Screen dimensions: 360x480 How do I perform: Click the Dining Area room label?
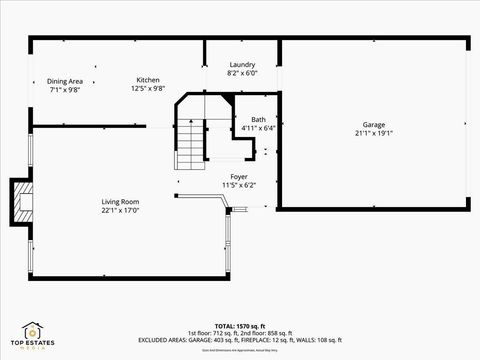[65, 80]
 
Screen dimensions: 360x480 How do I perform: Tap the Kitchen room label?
[148, 80]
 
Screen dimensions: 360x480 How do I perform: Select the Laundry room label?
[242, 64]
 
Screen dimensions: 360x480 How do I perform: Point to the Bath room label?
[258, 119]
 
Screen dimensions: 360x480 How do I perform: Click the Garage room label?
[374, 124]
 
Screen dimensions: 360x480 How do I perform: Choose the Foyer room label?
[239, 176]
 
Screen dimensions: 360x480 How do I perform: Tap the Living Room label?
[120, 202]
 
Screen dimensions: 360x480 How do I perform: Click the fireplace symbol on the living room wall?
[22, 200]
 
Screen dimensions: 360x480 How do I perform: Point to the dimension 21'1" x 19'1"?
[374, 133]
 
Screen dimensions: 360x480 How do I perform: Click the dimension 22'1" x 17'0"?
[120, 211]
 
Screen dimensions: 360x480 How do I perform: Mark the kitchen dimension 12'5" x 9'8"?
[148, 89]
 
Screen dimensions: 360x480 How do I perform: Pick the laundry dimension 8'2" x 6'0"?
[242, 73]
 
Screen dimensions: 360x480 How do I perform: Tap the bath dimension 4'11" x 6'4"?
[258, 128]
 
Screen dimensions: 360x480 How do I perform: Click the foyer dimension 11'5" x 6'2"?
[239, 185]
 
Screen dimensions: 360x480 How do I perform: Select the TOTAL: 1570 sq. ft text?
[239, 326]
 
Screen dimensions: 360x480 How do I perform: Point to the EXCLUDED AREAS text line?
[239, 340]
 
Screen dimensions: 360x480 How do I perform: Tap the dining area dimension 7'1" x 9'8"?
[65, 89]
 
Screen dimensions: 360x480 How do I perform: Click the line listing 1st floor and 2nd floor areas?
[239, 333]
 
